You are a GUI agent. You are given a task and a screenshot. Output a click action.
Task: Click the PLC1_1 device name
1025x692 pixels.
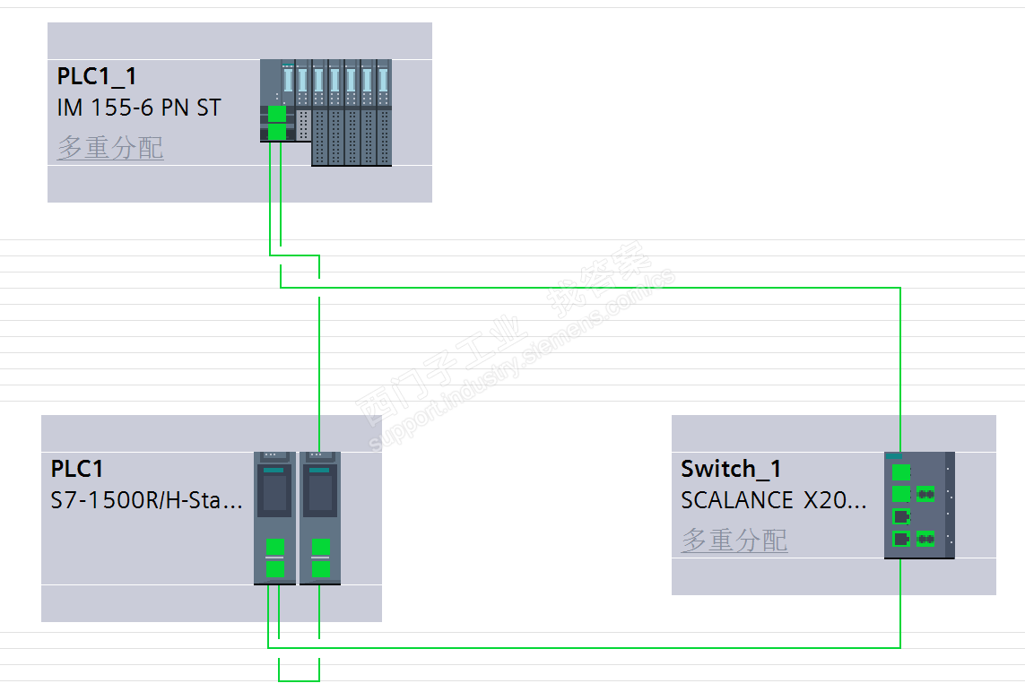click(x=97, y=77)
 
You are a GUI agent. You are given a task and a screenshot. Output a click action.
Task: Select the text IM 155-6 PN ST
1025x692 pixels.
click(x=138, y=108)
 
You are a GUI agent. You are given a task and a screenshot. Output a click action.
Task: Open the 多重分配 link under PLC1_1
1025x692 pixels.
click(x=110, y=147)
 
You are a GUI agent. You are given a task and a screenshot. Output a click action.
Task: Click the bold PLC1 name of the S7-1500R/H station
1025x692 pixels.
click(x=77, y=469)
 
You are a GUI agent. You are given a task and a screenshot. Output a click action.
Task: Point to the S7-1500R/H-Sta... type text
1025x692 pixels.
click(x=146, y=500)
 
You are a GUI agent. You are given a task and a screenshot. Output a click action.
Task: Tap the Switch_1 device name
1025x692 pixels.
click(x=731, y=469)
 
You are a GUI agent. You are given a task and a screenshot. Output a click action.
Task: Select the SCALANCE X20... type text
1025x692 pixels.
click(x=774, y=500)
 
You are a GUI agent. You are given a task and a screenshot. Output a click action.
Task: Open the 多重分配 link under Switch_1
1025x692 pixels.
click(x=734, y=540)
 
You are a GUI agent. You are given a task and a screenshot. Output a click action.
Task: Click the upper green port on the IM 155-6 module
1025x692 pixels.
click(x=277, y=114)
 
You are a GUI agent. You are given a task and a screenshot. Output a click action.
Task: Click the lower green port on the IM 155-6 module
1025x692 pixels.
click(x=277, y=133)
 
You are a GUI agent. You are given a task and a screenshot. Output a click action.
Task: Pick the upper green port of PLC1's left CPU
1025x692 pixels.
click(x=275, y=547)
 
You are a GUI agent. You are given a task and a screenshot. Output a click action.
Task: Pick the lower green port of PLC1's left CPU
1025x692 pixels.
click(x=275, y=567)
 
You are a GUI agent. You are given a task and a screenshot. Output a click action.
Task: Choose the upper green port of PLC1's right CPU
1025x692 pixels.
click(x=320, y=547)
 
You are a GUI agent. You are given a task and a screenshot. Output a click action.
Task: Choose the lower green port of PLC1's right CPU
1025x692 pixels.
click(x=320, y=567)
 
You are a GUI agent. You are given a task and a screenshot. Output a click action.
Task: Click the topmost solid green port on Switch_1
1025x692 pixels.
click(x=901, y=472)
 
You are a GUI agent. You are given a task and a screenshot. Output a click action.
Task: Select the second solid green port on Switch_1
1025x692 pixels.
click(x=901, y=493)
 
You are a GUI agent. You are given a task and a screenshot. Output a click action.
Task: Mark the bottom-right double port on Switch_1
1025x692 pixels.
click(x=925, y=539)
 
